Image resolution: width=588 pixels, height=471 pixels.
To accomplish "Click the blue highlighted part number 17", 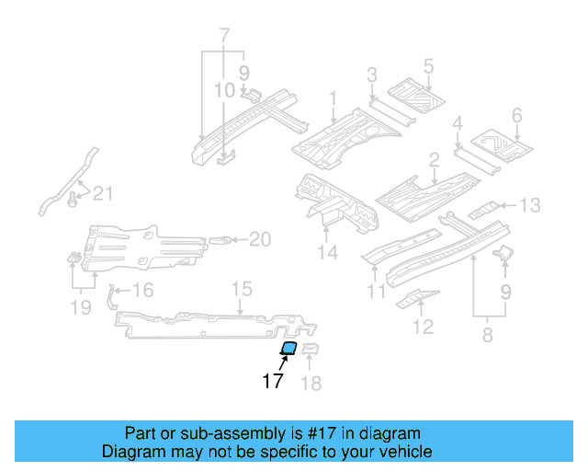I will pos(288,348).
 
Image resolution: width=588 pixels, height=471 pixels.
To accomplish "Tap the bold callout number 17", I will pos(273,381).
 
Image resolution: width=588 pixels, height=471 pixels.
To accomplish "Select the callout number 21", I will pos(103,192).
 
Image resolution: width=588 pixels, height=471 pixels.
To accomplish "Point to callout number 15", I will pos(241,291).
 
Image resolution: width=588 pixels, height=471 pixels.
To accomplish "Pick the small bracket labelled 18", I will pos(311,350).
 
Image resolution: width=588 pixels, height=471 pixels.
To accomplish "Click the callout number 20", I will pos(260,240).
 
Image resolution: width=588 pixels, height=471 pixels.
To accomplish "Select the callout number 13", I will pos(532,205).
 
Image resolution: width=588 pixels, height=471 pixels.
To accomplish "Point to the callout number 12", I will pos(423,326).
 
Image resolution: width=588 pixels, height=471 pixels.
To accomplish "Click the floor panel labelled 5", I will pos(414,92).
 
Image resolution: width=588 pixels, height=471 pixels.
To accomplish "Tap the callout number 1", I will pos(333,98).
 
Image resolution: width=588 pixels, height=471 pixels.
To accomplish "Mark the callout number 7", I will pos(222,36).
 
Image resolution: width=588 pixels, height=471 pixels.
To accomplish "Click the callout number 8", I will pos(487,336).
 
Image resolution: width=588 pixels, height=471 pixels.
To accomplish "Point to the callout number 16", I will pos(142,292).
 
